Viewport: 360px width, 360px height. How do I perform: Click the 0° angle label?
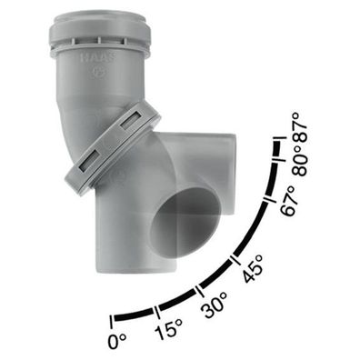117,340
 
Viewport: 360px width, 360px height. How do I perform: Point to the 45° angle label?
253,268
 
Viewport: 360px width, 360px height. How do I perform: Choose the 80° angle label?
300,160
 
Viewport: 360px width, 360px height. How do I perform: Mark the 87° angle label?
300,127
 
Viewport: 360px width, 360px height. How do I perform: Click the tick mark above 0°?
112,322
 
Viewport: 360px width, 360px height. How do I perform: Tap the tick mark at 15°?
157,313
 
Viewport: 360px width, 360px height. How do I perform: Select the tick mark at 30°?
199,291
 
